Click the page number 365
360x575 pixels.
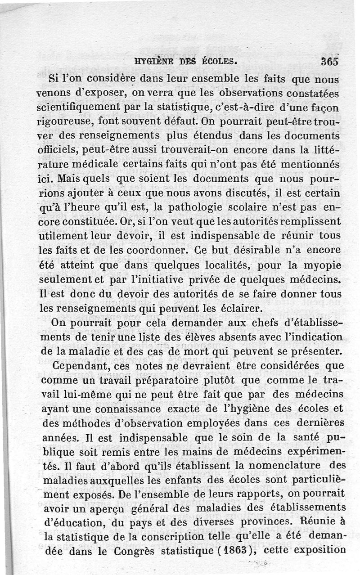[x=330, y=62]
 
